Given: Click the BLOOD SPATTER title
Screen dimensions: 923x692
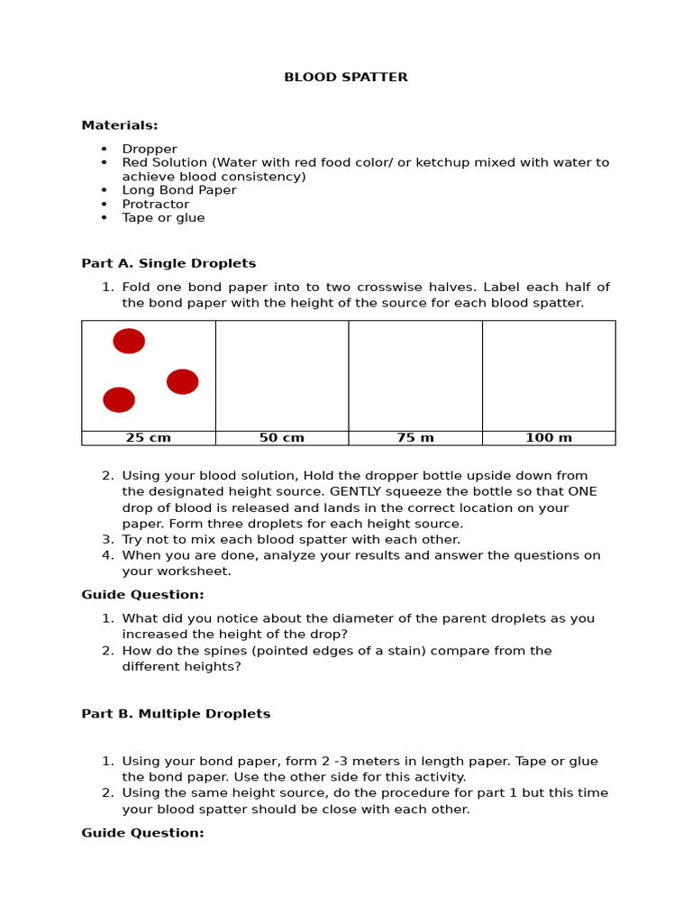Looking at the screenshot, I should click(x=345, y=78).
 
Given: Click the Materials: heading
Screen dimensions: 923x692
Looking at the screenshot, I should click(x=119, y=125).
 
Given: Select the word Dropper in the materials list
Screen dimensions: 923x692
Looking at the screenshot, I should click(x=150, y=150).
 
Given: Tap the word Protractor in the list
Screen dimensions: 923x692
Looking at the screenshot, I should click(x=155, y=205).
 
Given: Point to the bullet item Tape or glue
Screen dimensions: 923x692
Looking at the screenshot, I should click(x=163, y=218).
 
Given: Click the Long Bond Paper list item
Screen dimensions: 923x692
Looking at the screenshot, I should click(x=179, y=190).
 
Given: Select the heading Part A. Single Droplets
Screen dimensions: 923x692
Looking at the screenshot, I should click(x=168, y=264).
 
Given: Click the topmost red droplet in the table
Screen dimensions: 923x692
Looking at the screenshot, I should click(x=129, y=341).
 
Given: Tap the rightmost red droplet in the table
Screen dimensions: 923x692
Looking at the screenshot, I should click(x=182, y=381).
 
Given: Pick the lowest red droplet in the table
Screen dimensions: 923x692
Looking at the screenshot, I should click(x=119, y=399).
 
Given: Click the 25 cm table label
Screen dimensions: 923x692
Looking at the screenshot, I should click(x=148, y=438).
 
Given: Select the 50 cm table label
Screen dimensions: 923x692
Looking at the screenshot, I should click(x=281, y=438).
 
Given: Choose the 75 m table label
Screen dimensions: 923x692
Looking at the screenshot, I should click(x=414, y=438).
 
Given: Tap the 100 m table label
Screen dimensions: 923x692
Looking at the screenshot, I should click(x=548, y=438).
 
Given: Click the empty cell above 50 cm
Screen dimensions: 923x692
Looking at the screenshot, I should click(x=281, y=376).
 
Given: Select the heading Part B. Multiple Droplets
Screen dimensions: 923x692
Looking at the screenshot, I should click(x=176, y=714).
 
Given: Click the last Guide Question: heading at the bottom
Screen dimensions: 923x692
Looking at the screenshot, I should click(x=142, y=833).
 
